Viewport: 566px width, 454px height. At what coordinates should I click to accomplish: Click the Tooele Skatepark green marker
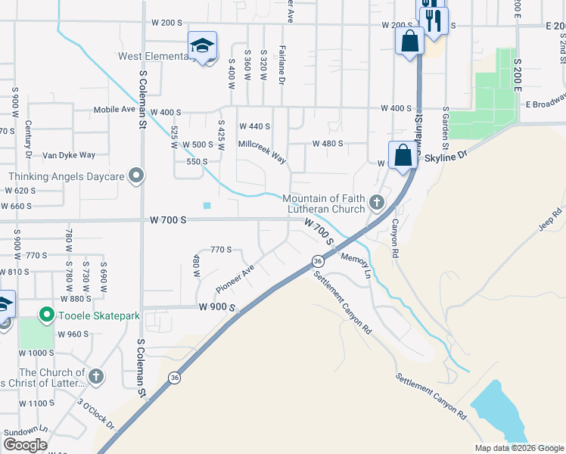46,314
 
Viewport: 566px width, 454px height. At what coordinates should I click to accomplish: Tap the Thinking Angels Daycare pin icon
136,176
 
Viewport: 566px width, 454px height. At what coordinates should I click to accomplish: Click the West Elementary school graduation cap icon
202,45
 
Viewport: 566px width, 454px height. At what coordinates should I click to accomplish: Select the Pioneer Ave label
235,279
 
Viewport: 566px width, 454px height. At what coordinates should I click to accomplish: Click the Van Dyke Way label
69,155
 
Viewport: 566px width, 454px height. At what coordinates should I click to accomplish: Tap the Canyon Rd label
394,238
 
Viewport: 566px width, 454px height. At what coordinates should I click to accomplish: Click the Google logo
26,445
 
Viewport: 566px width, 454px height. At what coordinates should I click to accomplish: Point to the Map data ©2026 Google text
518,448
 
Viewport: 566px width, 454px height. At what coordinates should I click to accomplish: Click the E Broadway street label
545,102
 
